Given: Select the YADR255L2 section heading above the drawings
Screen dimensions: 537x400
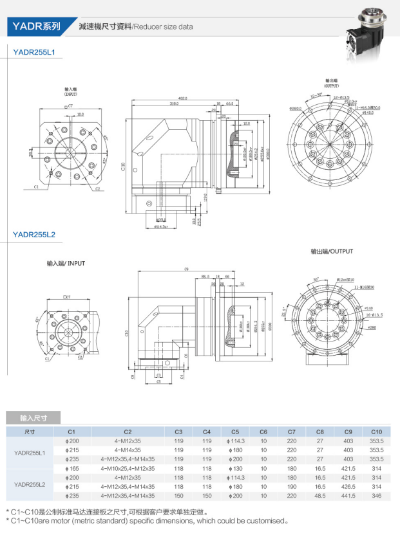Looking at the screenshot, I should click(34, 235).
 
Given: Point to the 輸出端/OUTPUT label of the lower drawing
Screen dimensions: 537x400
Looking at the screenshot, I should click(332, 251).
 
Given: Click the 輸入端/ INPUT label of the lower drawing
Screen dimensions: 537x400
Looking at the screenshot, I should click(66, 264).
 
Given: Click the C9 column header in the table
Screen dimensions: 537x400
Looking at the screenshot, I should click(348, 431).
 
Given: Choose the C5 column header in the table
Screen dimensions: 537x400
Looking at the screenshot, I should click(235, 431).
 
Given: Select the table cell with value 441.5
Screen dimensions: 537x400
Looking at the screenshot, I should click(348, 496).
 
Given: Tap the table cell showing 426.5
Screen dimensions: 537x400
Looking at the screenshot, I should click(348, 487).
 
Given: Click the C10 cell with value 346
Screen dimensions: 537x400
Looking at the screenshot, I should click(377, 496).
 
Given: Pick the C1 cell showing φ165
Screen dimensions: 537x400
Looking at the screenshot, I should click(71, 469).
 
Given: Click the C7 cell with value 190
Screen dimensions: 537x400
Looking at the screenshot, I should click(292, 487).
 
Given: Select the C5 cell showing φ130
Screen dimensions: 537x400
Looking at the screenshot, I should click(235, 469).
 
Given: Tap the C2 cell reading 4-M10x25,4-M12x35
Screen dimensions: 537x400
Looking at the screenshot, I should click(128, 469).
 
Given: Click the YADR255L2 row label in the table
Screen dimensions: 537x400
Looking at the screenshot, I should click(30, 483).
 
